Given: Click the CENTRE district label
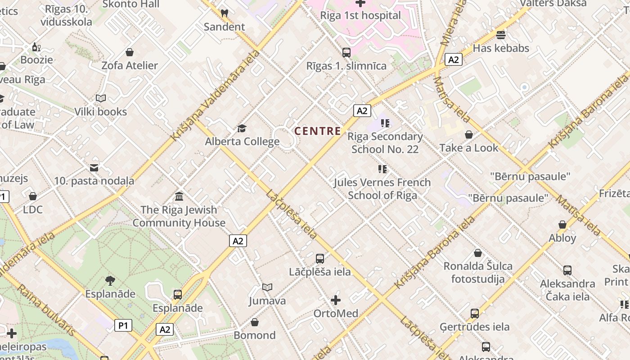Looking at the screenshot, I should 317,131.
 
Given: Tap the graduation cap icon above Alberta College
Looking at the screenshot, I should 242,129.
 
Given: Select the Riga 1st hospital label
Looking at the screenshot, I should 360,15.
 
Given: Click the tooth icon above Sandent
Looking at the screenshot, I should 225,13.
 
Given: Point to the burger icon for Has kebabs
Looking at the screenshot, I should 501,35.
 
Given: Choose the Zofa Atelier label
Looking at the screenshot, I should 130,65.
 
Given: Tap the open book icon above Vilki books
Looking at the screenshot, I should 101,98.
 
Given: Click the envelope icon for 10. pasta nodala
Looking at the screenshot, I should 94,168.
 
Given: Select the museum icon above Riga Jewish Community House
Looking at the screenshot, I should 179,197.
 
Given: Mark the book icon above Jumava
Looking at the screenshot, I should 267,287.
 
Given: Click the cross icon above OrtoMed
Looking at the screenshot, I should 336,300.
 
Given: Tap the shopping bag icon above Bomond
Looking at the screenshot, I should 255,322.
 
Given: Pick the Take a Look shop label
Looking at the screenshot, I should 469,148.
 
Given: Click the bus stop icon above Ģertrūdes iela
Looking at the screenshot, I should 475,313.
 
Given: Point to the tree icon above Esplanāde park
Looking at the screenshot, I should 110,281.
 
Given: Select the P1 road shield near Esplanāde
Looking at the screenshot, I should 123,325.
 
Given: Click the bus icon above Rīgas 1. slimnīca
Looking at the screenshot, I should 346,52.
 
